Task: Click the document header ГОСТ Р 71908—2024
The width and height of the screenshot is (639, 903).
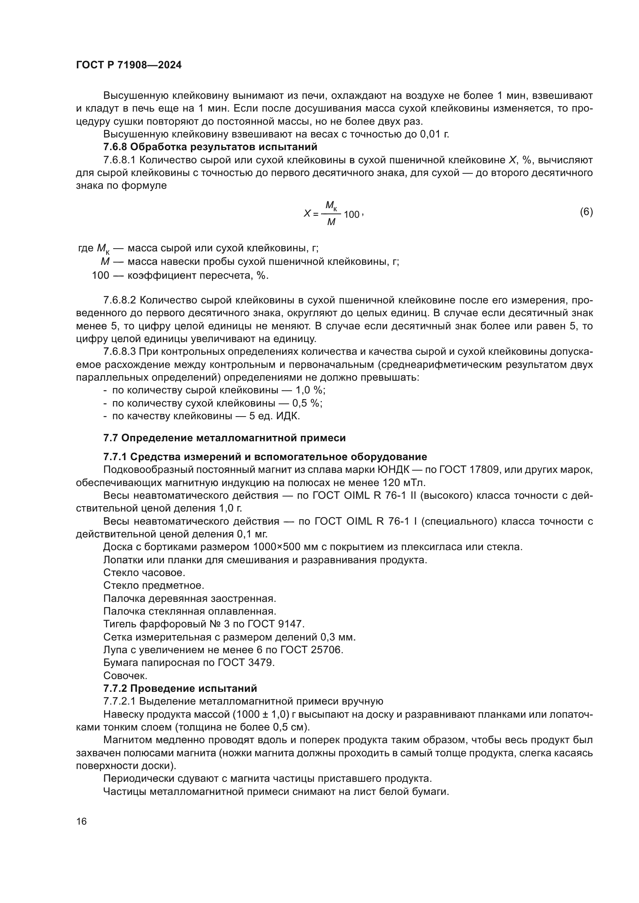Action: tap(129, 65)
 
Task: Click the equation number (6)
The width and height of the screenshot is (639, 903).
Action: tap(586, 212)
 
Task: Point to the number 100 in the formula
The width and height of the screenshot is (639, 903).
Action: tap(351, 215)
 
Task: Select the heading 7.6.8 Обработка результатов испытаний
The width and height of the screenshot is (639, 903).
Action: tap(210, 147)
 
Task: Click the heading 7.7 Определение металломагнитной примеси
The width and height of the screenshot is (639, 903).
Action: tap(224, 438)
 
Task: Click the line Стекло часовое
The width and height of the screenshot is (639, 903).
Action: tap(144, 573)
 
